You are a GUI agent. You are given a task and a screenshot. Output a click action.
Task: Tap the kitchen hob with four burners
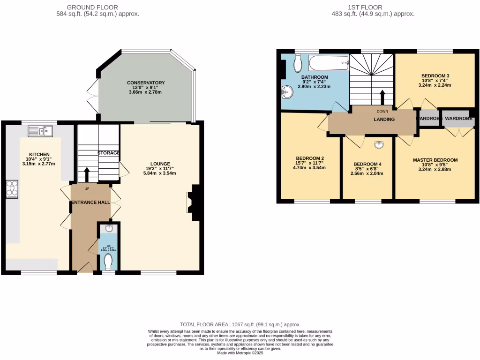point(11,188)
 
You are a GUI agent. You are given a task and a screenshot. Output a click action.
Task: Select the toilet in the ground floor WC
point(109,262)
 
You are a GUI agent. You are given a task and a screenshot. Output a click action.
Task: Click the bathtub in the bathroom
point(329,62)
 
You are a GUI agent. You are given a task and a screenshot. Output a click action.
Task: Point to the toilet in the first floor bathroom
point(297,63)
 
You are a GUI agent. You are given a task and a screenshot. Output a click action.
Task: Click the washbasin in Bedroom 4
point(379,144)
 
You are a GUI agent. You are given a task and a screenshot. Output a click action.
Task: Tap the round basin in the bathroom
point(287,93)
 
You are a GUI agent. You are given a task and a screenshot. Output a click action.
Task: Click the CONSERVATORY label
point(146,83)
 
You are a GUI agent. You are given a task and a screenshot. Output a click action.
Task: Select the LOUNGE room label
point(160,164)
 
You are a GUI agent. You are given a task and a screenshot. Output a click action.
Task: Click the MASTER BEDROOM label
point(435,160)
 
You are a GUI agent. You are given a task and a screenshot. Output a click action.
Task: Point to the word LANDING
point(384,120)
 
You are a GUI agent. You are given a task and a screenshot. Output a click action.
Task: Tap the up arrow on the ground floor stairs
point(86,174)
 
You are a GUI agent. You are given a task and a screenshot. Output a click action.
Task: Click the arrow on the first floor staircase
point(382,97)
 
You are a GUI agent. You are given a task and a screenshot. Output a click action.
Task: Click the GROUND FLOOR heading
point(92,7)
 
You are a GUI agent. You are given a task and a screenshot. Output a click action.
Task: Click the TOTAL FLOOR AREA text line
point(240,324)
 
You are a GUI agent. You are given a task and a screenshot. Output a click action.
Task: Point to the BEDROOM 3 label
point(435,76)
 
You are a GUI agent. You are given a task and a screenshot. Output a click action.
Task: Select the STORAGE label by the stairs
point(108,153)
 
